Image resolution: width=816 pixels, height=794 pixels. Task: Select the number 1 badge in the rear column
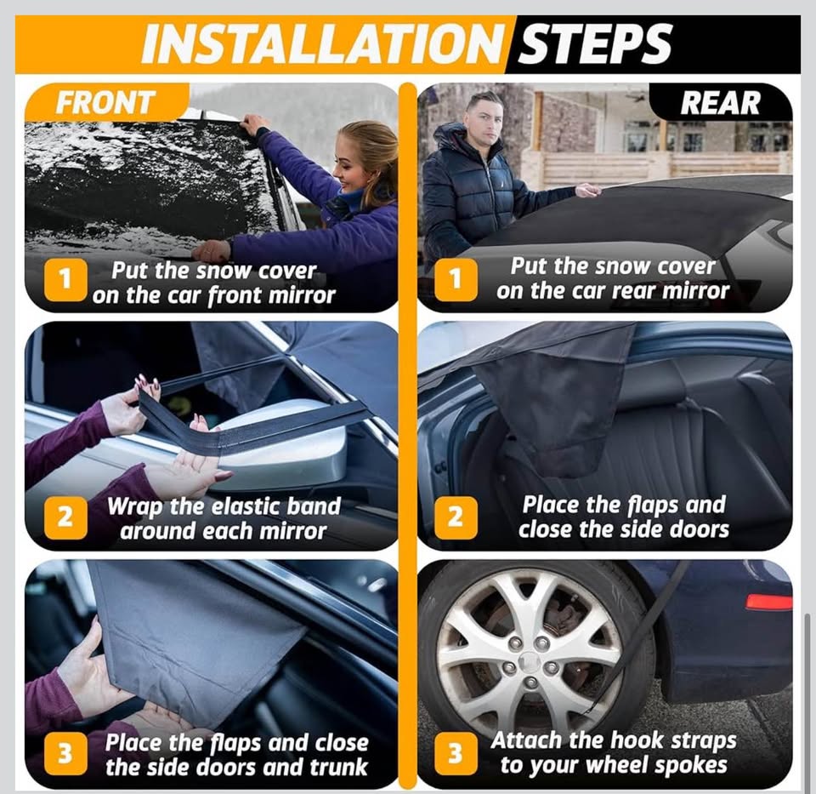coord(456,279)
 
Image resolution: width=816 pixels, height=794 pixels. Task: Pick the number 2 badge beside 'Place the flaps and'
coord(456,516)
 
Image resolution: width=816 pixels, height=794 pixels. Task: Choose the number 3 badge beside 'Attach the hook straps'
coord(456,752)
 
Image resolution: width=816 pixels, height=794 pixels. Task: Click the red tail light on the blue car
coord(768,602)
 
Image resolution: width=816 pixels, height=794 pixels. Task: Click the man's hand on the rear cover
coord(587,190)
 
